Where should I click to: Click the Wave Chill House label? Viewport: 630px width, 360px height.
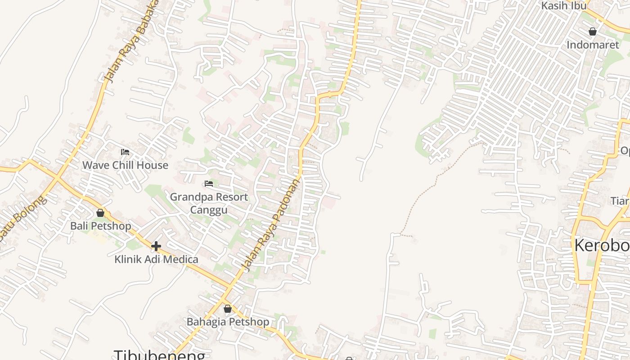tap(125, 165)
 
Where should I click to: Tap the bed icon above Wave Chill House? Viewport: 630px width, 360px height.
tap(125, 152)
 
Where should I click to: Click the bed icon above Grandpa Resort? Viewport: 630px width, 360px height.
tap(209, 184)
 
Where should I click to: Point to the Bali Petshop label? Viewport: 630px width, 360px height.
tap(100, 226)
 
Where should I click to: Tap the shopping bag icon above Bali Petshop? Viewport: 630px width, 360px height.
tap(100, 213)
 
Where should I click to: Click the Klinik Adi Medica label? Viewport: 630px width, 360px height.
tap(156, 259)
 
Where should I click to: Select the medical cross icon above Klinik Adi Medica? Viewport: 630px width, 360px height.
tap(156, 246)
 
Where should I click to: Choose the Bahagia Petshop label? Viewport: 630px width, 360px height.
tap(228, 322)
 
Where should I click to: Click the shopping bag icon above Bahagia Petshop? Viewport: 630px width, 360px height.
tap(228, 309)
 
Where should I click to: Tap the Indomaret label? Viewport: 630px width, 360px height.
tap(593, 45)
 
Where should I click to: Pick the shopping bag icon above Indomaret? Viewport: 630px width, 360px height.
tap(593, 31)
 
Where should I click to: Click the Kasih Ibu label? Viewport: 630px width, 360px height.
tap(564, 6)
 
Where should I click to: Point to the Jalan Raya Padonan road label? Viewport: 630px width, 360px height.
tap(271, 225)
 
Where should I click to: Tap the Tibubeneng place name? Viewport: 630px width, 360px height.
tap(160, 355)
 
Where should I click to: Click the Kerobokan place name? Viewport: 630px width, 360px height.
tap(602, 246)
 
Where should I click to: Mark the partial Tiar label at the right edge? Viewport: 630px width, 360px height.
tap(620, 200)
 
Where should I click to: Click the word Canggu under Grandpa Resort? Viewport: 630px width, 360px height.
tap(209, 210)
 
